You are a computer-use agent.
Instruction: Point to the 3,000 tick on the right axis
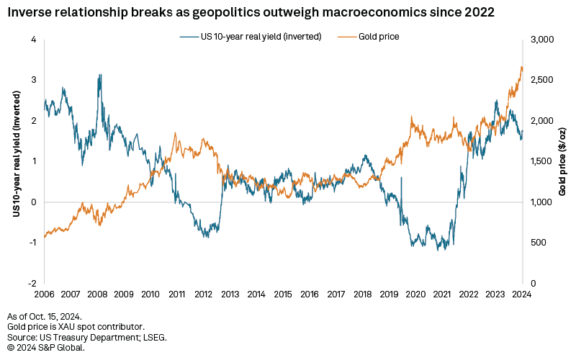pos(541,40)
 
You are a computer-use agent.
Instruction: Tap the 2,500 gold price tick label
pos(541,80)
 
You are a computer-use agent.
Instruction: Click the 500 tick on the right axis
pos(538,243)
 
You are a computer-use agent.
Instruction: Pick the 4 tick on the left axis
pos(33,40)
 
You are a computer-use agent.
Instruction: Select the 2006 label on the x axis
pos(45,294)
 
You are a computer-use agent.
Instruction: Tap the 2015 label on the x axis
pos(284,294)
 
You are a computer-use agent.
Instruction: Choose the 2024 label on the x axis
pos(523,294)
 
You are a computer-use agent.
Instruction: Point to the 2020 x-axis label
pos(416,294)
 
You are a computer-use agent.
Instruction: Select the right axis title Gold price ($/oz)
pos(562,161)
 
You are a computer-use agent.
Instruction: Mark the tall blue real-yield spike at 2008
pos(100,75)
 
